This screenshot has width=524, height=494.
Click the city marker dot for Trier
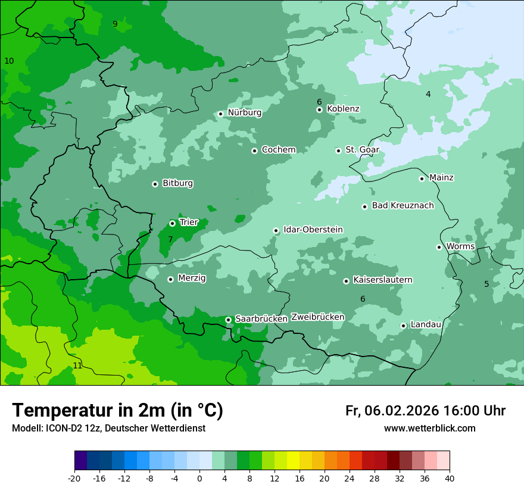point(172,223)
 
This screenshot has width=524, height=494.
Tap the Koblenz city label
point(343,109)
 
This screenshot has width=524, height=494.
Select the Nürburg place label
point(244,112)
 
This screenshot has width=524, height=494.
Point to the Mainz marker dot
point(422,179)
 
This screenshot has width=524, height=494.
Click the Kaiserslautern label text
point(382,280)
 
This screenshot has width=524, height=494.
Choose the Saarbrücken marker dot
point(228,320)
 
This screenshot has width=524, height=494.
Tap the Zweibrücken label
point(317,317)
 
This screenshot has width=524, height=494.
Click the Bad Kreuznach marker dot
point(364,207)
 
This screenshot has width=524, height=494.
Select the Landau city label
point(426,324)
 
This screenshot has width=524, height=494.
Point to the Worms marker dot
point(439,247)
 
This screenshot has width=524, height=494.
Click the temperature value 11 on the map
point(77,365)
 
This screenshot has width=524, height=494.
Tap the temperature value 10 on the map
point(9,61)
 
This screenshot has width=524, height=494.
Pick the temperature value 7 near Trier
point(170,239)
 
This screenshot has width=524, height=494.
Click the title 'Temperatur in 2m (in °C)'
point(117,411)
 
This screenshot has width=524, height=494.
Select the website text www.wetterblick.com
point(429,429)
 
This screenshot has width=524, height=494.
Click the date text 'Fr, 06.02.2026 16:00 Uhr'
point(425,411)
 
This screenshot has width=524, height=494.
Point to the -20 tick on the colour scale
point(74,479)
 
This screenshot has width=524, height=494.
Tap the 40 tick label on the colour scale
point(450,479)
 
